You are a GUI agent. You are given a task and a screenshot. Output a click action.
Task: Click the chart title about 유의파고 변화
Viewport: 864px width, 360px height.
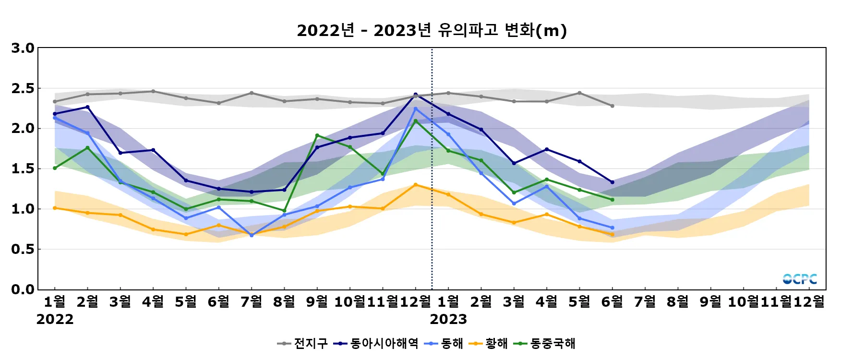click(x=432, y=30)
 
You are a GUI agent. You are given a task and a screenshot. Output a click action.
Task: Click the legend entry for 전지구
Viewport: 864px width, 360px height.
click(x=303, y=343)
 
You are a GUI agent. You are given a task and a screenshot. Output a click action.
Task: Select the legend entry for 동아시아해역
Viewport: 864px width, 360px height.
click(x=377, y=343)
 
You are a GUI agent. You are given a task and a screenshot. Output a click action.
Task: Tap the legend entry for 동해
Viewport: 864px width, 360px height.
click(x=444, y=343)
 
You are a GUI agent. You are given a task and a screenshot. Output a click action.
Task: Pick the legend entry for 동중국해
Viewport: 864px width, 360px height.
click(x=545, y=343)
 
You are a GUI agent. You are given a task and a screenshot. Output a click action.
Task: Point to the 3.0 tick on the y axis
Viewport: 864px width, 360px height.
click(x=23, y=48)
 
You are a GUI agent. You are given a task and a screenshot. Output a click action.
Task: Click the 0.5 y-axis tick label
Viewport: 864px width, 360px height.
click(x=23, y=249)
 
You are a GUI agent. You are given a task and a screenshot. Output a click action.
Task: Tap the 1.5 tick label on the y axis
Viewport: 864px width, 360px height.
click(x=23, y=168)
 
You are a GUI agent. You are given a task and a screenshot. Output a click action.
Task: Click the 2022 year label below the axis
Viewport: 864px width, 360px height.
click(x=55, y=319)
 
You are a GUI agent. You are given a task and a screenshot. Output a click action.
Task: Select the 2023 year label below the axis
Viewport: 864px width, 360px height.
click(x=448, y=319)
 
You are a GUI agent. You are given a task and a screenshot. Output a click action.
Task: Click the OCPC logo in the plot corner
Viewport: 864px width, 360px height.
click(x=800, y=279)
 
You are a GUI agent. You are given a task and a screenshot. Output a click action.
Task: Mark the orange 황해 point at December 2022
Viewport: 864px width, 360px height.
click(x=416, y=185)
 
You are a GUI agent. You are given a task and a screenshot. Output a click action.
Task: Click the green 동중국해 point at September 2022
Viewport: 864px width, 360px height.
click(x=317, y=135)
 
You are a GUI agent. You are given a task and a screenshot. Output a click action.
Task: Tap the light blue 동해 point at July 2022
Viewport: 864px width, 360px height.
click(x=252, y=235)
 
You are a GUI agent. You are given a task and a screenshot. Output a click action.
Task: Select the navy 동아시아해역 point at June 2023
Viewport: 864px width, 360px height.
click(x=612, y=182)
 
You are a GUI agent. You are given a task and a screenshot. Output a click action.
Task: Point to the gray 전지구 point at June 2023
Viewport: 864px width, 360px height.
click(x=612, y=106)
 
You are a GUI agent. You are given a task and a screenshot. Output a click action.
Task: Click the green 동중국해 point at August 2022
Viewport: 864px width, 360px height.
click(x=284, y=211)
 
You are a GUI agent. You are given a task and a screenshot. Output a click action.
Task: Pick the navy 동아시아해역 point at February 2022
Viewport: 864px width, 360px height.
click(x=87, y=107)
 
